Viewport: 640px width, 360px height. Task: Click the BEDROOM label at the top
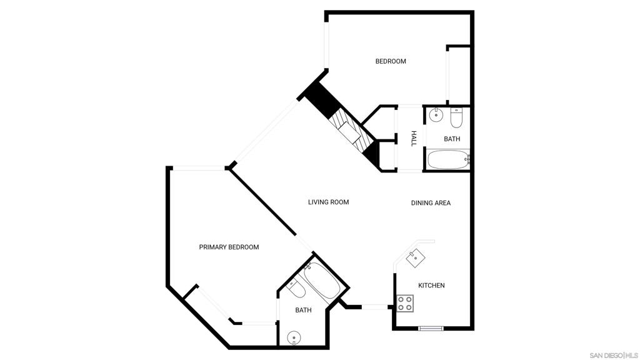point(391,61)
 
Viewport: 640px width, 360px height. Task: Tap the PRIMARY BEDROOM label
point(229,247)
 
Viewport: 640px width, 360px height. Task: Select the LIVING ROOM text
point(329,202)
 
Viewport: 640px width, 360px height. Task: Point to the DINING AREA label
point(431,203)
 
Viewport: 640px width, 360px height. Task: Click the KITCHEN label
point(431,285)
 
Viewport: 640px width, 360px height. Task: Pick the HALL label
point(414,139)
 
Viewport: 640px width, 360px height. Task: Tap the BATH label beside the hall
point(452,139)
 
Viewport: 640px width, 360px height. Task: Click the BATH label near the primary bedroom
point(303,310)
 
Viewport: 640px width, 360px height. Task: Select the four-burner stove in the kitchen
point(405,303)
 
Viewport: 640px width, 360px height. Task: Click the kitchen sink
point(416,257)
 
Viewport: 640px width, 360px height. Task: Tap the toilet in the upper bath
point(456,118)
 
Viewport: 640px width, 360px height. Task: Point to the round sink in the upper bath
point(436,115)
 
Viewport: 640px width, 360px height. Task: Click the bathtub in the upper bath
point(447,159)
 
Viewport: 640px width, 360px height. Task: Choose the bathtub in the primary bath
point(322,281)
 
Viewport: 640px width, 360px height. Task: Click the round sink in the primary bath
point(294,338)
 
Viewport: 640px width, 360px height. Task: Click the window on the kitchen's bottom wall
point(431,327)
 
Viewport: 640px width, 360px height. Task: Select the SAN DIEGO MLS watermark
point(614,355)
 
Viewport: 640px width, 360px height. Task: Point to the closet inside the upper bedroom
point(459,75)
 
